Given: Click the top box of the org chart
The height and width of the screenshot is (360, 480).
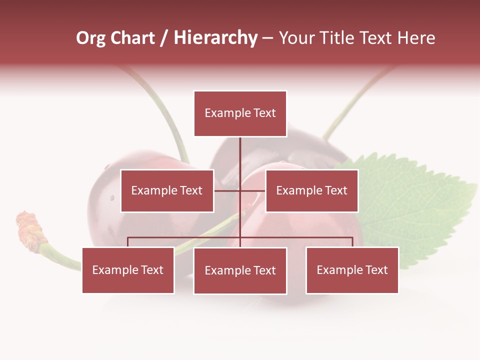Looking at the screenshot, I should click(240, 113).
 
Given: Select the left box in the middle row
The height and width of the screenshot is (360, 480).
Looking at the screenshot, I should click(167, 190).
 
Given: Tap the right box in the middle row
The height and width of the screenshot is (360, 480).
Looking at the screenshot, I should click(311, 190).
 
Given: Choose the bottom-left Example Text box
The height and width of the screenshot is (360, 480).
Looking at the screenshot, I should click(128, 270).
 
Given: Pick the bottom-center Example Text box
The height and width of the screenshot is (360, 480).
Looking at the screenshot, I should click(240, 270).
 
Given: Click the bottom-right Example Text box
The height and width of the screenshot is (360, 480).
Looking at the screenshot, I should click(352, 270).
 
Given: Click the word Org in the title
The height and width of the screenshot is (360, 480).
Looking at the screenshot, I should click(90, 38).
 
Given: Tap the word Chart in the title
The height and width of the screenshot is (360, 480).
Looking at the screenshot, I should click(132, 38).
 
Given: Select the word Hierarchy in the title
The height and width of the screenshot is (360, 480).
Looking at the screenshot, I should click(215, 38).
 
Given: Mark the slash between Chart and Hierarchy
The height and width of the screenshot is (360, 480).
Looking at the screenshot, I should click(164, 38).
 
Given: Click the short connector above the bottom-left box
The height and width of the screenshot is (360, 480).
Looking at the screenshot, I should click(128, 242).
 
